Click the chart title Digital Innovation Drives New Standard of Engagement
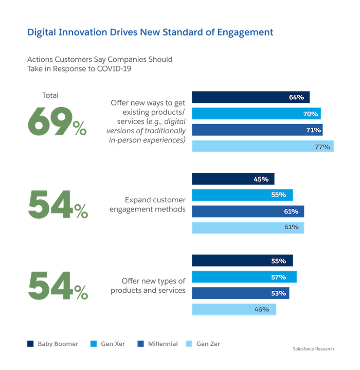tap(150, 32)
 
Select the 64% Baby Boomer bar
tap(251, 97)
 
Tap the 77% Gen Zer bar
tap(263, 147)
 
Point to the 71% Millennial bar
tap(257, 130)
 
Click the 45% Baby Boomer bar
tap(233, 179)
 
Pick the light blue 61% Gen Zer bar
tap(248, 227)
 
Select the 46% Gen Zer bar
tap(234, 309)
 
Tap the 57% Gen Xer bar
tap(244, 277)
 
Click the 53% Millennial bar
tap(241, 293)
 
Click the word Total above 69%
tap(50, 95)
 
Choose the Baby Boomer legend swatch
tap(29, 344)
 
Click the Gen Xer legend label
tap(113, 344)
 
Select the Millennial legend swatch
tap(140, 344)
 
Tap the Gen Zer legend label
tap(208, 344)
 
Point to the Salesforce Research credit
tap(312, 349)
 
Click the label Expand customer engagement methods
tap(155, 204)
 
